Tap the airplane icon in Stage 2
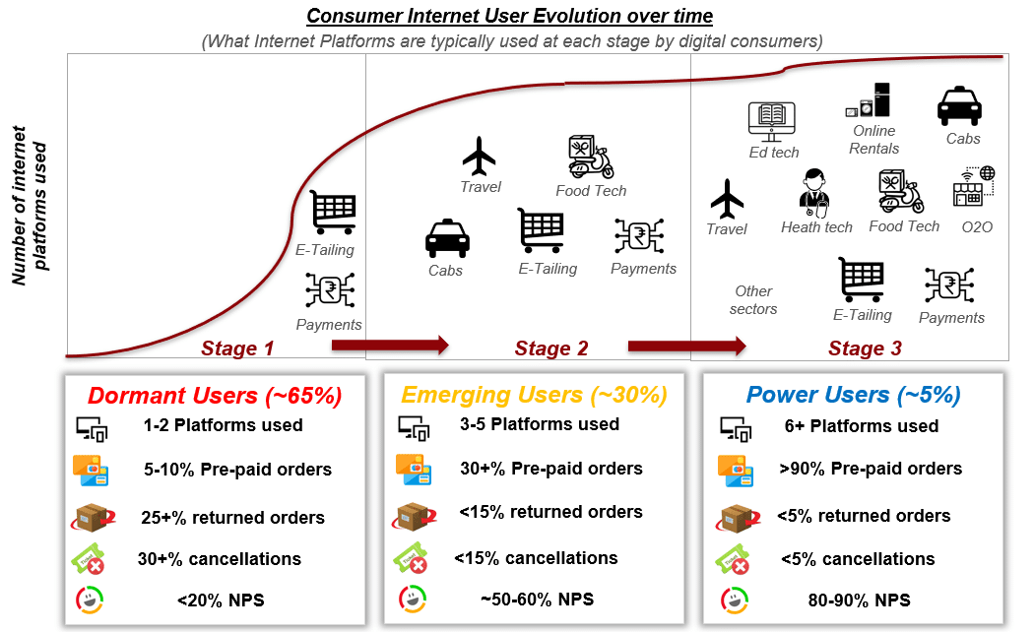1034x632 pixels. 480,157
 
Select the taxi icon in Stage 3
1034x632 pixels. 959,105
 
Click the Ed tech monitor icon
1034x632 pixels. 771,122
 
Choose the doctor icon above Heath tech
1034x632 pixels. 813,193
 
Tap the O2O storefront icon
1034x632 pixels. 974,186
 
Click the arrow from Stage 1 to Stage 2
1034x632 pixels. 390,345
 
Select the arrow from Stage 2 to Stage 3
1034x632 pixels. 686,346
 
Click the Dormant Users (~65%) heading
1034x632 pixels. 215,396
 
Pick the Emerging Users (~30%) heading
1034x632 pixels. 534,394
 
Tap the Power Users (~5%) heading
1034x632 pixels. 854,394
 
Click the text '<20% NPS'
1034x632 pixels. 221,600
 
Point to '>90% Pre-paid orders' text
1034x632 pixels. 871,469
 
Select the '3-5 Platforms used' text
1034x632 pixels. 540,424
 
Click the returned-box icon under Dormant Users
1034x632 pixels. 93,518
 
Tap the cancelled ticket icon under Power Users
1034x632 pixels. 732,559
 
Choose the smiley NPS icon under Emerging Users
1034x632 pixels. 413,600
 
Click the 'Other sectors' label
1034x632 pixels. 753,300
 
